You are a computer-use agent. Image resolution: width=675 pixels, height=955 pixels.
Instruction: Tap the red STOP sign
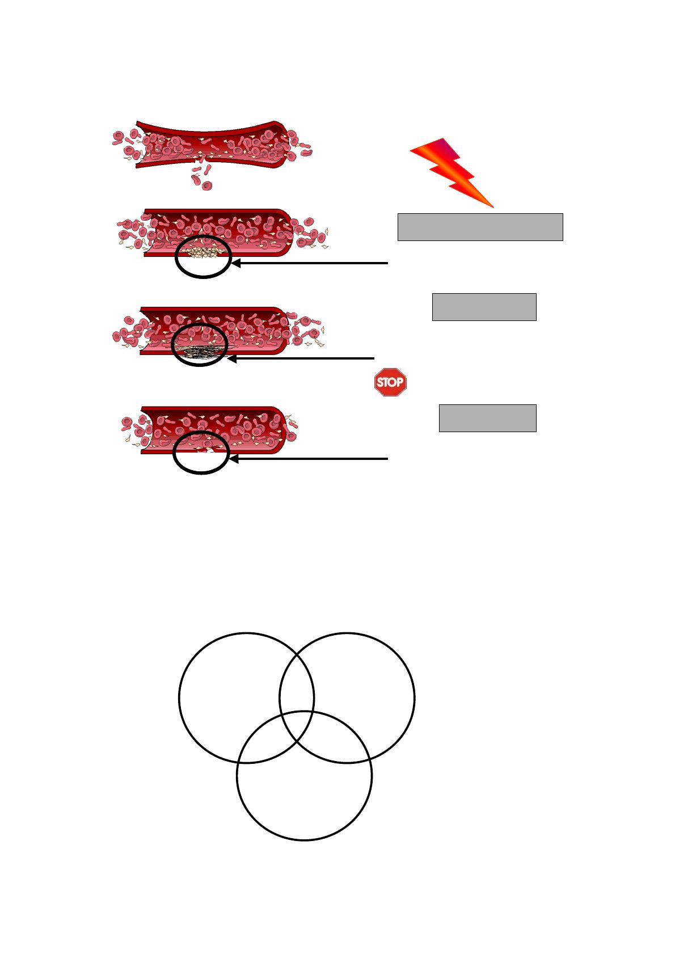390,382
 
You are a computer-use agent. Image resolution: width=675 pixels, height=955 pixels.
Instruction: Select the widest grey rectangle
480,227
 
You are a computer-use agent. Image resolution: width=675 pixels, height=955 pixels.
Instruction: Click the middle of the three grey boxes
484,307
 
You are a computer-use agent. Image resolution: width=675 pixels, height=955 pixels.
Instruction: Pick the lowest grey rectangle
487,419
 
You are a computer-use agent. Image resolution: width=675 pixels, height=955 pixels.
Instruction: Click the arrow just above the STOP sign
301,358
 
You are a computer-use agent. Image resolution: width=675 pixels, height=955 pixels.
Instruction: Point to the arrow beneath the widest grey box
310,263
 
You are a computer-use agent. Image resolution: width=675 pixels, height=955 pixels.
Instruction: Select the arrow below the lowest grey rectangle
309,459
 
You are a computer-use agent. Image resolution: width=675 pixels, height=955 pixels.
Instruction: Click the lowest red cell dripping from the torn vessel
207,186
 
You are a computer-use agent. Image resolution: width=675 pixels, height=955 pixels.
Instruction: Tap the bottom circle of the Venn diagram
305,840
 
